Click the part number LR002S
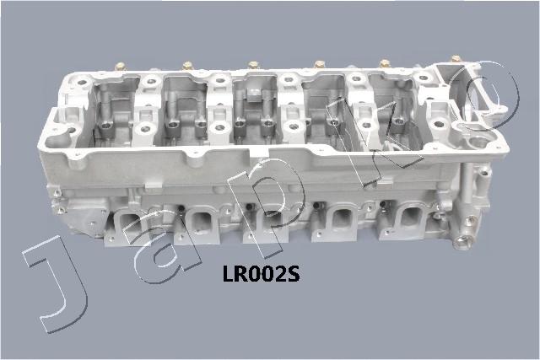point(261,274)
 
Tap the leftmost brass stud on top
point(121,66)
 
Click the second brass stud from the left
point(187,66)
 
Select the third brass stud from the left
point(253,65)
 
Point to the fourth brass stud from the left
point(319,64)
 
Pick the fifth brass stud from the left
point(385,63)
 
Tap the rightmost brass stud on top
point(456,59)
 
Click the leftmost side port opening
point(131,223)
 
